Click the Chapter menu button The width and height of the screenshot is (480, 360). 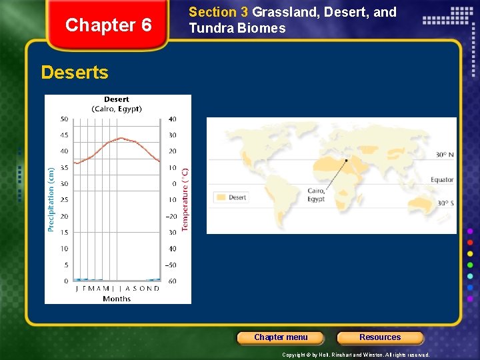point(281,337)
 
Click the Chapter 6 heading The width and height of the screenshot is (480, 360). point(109,25)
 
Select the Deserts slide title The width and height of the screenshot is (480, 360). point(75,73)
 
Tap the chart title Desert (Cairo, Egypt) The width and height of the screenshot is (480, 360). point(117,105)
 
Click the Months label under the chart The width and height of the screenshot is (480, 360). point(117,299)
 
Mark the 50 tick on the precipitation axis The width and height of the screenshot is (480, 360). point(64,119)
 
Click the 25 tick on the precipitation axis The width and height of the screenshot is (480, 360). point(64,200)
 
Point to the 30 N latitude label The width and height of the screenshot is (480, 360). point(445,155)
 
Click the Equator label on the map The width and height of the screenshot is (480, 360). point(442,179)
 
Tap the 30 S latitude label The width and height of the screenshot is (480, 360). point(445,203)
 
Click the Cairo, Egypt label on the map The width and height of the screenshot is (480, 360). point(316,195)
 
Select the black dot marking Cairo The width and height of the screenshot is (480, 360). point(346,160)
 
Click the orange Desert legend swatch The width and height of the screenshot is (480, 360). point(220,197)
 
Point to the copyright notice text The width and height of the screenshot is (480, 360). point(356,355)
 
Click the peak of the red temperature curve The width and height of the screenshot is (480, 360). point(120,138)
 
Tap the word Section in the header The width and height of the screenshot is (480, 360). point(213,12)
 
